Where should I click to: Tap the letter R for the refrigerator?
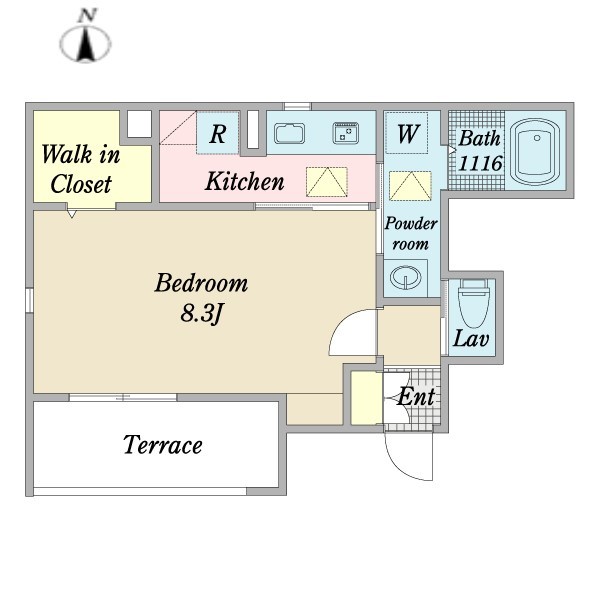(x=218, y=134)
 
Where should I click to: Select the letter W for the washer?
(x=408, y=134)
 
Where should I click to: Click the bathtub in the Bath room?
(x=535, y=152)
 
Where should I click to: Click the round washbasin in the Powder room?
(x=405, y=277)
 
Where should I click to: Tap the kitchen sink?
(x=289, y=134)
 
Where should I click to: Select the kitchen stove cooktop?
(x=346, y=133)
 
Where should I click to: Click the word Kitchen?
(x=245, y=181)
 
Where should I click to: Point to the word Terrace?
(x=163, y=445)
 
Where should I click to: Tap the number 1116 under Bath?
(x=480, y=164)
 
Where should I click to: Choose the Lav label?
(x=471, y=339)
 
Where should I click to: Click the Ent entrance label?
(x=416, y=396)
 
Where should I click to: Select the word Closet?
(x=81, y=184)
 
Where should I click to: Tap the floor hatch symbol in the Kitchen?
(x=327, y=182)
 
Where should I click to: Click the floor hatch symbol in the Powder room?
(x=410, y=186)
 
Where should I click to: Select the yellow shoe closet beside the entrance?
(x=367, y=398)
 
